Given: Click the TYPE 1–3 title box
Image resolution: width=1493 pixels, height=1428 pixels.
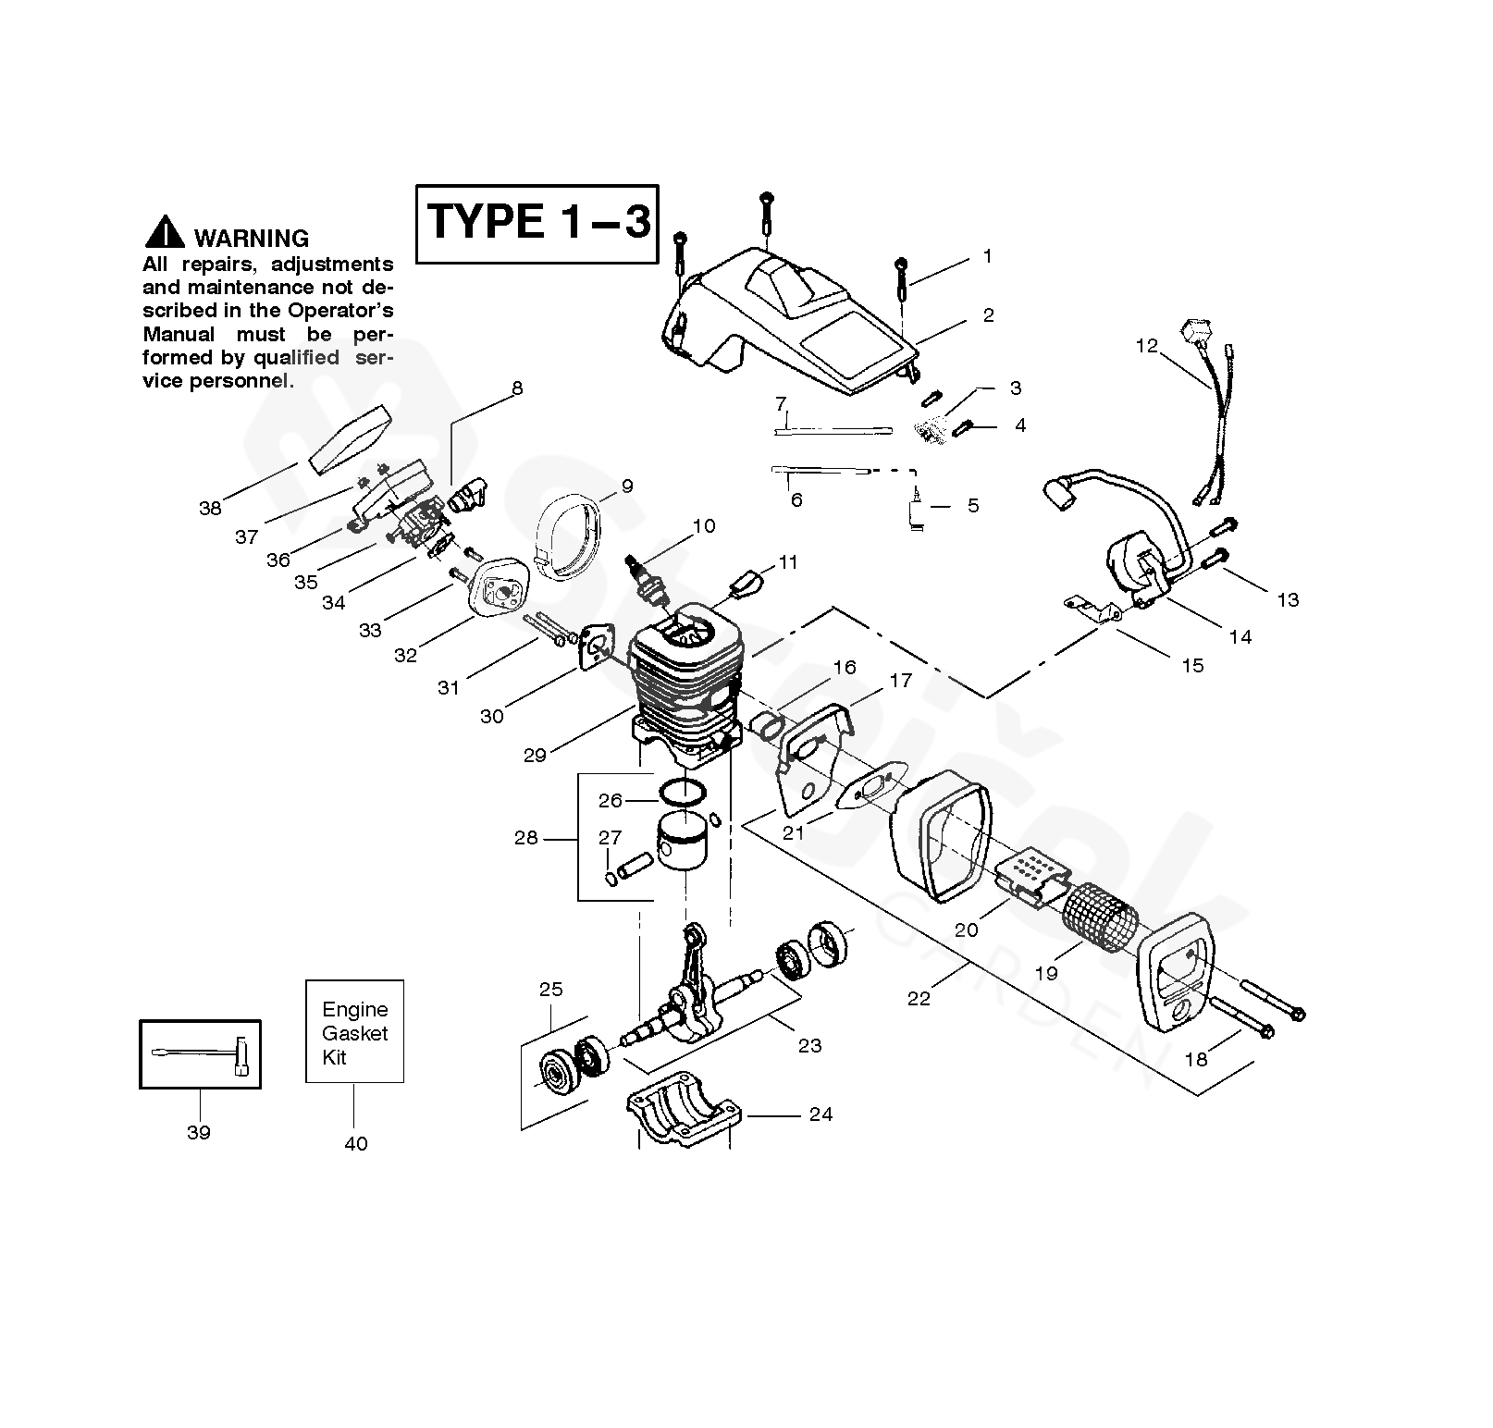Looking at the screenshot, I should pyautogui.click(x=537, y=224).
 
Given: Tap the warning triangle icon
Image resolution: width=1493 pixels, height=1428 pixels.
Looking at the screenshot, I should pyautogui.click(x=165, y=233).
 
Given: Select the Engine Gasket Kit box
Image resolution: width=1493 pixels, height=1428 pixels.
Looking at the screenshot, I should pyautogui.click(x=354, y=1031).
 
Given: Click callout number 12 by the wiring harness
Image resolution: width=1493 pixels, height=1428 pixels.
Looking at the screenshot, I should pyautogui.click(x=1146, y=346).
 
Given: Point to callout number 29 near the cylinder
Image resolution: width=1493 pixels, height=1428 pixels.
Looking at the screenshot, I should pyautogui.click(x=535, y=755).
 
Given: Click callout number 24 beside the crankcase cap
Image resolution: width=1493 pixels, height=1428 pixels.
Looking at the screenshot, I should pyautogui.click(x=821, y=1114).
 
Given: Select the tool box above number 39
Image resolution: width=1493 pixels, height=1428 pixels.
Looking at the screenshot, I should pyautogui.click(x=200, y=1054).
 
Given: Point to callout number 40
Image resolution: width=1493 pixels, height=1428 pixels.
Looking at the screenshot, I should pyautogui.click(x=355, y=1144).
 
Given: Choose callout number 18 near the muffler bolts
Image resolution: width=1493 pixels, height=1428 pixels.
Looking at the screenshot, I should pyautogui.click(x=1196, y=1060).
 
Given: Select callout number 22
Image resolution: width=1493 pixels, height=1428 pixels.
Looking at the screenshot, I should pyautogui.click(x=919, y=998).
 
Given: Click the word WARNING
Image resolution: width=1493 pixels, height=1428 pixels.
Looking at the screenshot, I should pyautogui.click(x=251, y=239).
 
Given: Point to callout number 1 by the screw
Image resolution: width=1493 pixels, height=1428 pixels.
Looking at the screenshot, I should pyautogui.click(x=987, y=256).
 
